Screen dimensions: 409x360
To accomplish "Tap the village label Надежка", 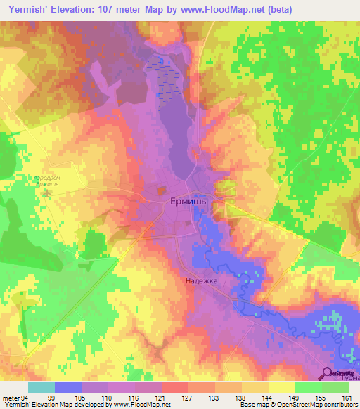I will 202,280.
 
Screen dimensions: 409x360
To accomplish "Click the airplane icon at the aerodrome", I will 47,191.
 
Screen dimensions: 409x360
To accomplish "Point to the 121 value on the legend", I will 162,397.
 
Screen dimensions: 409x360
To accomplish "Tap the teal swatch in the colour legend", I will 41,387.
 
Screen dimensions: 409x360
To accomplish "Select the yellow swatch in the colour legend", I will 282,387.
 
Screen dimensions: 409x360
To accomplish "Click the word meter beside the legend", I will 9,397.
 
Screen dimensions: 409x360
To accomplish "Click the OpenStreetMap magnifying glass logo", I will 328,373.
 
